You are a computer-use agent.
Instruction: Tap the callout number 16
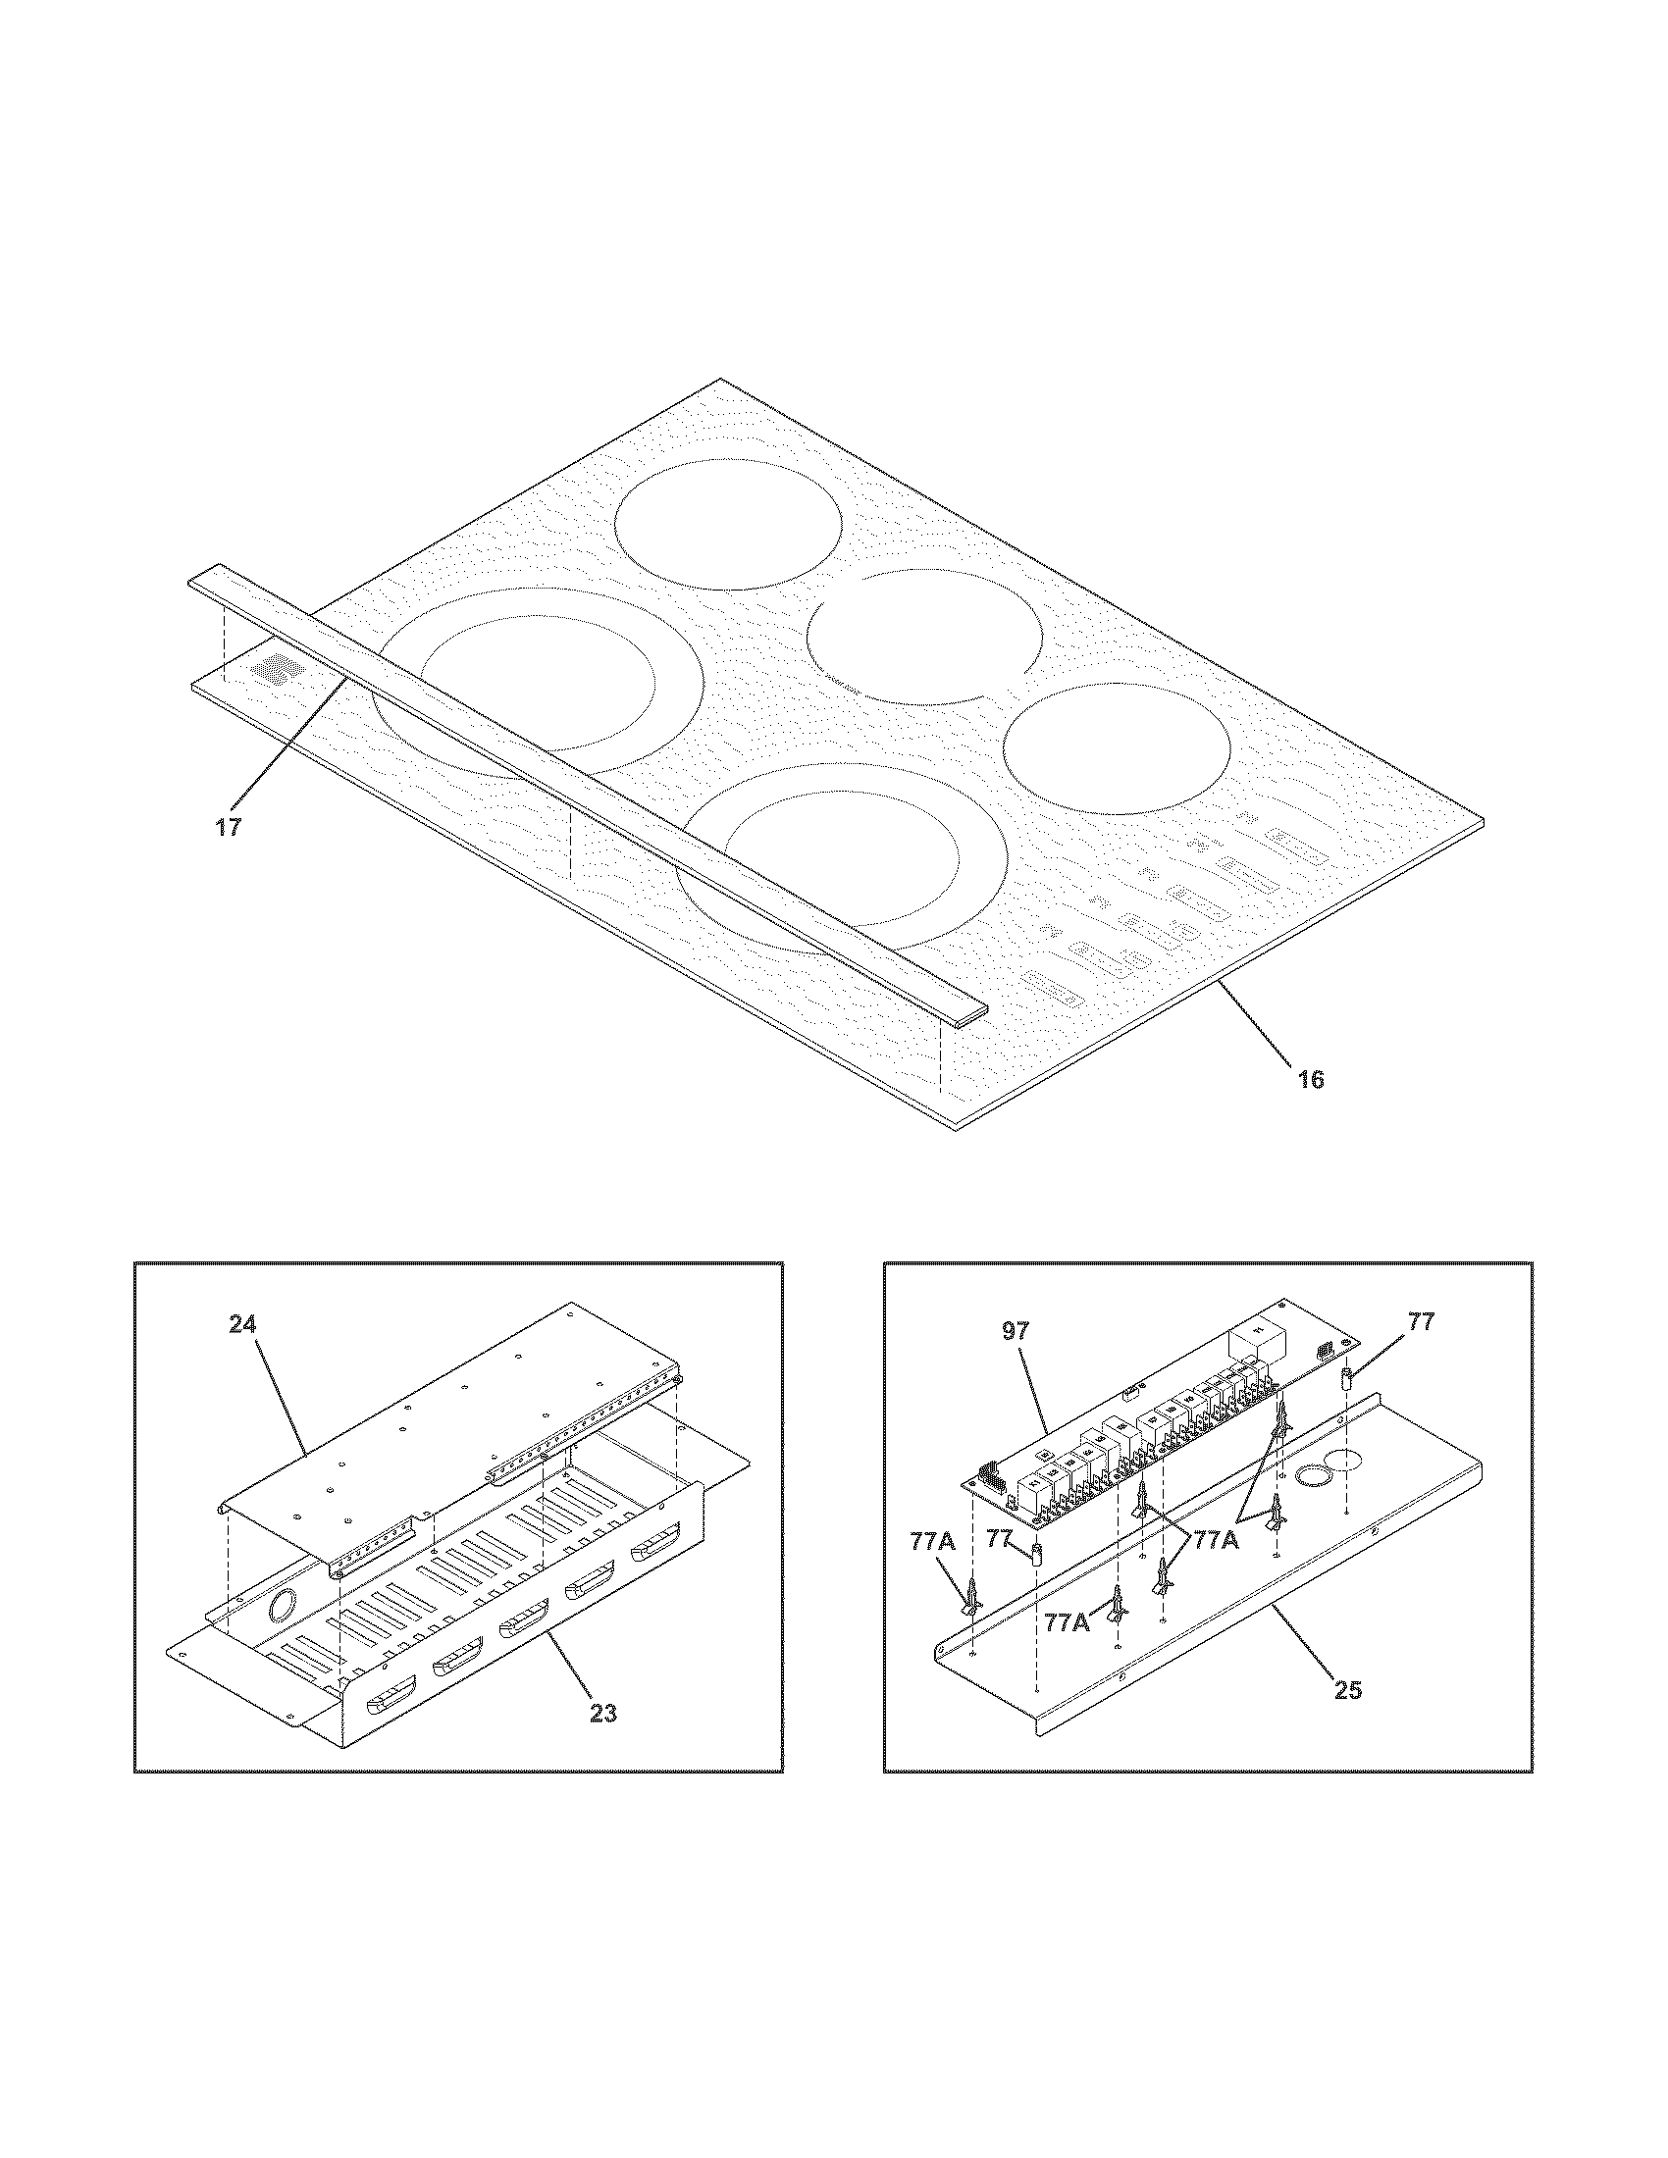[1311, 1079]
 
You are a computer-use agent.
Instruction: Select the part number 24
[242, 1323]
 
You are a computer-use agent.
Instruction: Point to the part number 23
[602, 1714]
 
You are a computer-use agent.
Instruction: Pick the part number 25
[1348, 1690]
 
